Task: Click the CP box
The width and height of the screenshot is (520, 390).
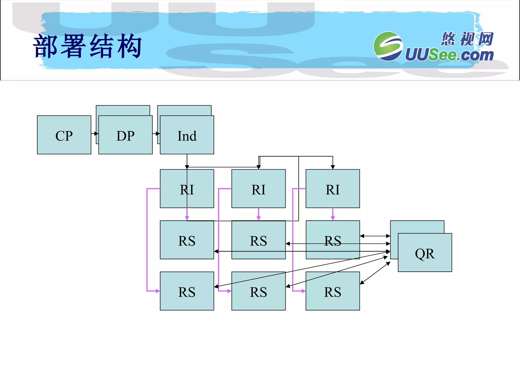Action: click(64, 135)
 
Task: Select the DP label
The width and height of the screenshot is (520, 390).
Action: click(125, 136)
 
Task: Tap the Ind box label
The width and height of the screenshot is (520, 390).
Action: click(187, 136)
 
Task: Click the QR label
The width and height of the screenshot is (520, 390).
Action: click(425, 253)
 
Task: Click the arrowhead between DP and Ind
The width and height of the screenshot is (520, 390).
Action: click(158, 134)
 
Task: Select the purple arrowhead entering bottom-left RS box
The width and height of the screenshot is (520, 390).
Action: click(158, 291)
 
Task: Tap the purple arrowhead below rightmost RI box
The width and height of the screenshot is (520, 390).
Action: click(333, 218)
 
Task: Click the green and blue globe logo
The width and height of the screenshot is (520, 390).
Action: click(388, 46)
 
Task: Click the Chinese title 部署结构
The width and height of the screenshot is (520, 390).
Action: click(87, 46)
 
